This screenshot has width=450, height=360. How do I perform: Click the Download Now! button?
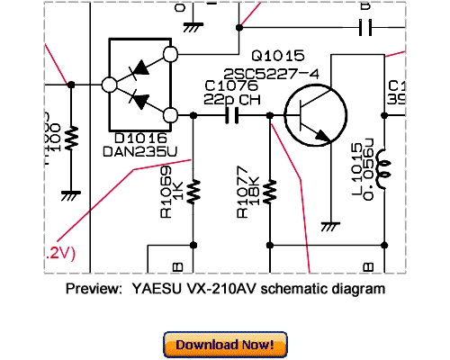coord(225,345)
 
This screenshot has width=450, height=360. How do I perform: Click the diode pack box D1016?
coord(140,85)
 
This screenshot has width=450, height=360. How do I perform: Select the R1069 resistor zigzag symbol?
coord(193,191)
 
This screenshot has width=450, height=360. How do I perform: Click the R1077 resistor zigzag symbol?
coord(271,191)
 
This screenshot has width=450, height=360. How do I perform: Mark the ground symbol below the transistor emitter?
coord(328,224)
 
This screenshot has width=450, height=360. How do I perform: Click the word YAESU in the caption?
coord(150,290)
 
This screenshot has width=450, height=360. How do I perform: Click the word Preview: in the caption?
coord(94,290)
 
